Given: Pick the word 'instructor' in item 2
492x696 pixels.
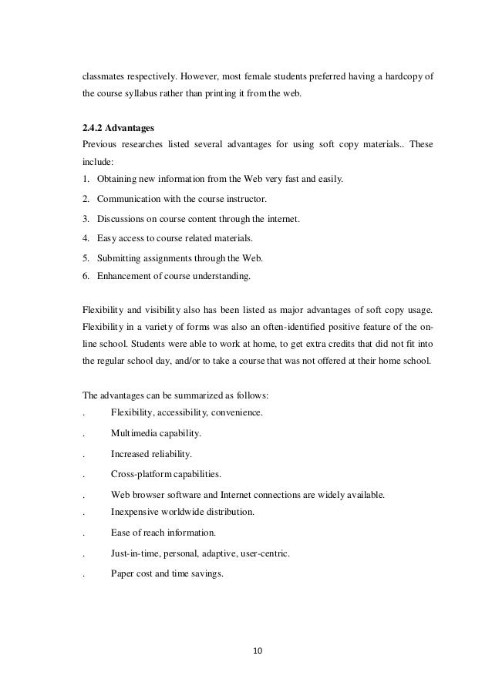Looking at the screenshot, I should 253,200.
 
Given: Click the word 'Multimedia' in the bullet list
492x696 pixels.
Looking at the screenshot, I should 136,433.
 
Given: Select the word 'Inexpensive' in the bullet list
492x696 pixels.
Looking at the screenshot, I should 136,511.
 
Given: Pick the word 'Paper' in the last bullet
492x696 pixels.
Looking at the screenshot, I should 123,572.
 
